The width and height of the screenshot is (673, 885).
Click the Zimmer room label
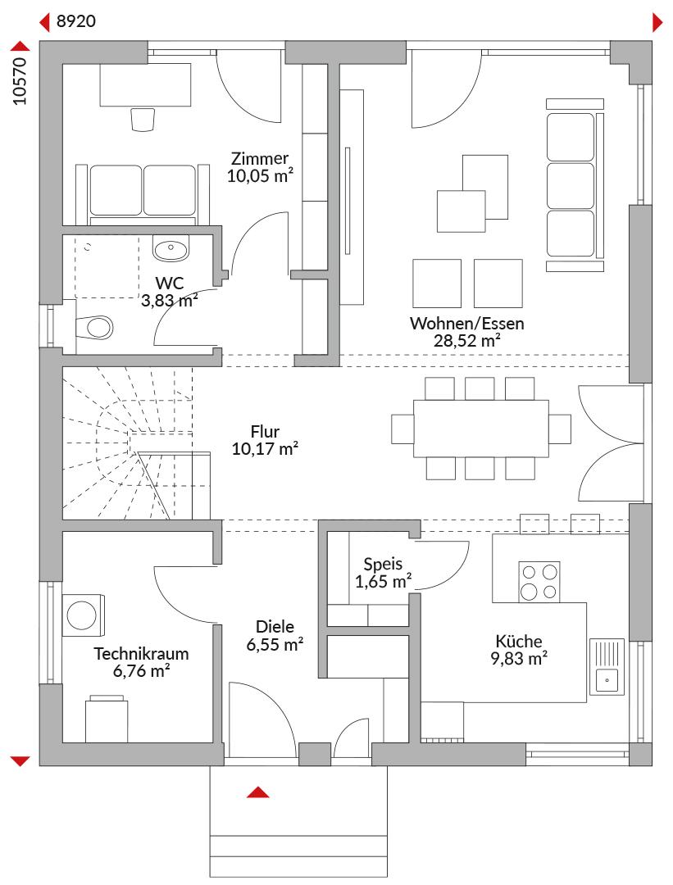(x=260, y=159)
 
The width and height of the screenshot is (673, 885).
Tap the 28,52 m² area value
(x=467, y=341)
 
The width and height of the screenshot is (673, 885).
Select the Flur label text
(x=265, y=432)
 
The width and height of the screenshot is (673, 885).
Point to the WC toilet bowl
(x=94, y=327)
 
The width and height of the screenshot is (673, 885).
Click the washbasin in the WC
(x=171, y=248)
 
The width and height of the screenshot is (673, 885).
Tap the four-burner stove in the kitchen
(x=539, y=581)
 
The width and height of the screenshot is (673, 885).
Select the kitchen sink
(x=607, y=666)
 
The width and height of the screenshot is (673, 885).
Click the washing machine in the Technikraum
(x=83, y=615)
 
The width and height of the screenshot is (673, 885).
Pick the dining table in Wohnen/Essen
(x=480, y=429)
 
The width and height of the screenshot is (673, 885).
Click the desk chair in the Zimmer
(x=143, y=120)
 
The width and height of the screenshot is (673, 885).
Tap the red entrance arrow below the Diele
(x=257, y=792)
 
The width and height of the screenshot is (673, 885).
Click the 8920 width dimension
(x=76, y=21)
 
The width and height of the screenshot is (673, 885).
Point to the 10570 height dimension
(x=20, y=80)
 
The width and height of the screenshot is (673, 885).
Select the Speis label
(x=383, y=564)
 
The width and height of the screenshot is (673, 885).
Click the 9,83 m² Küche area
(x=519, y=659)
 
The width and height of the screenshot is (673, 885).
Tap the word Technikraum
(x=141, y=654)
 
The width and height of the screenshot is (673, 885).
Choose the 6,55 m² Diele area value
(x=275, y=644)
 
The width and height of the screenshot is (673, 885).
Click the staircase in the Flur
(x=135, y=442)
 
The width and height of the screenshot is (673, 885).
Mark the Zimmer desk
(x=145, y=84)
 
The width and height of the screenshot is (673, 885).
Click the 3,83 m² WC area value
(x=170, y=300)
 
